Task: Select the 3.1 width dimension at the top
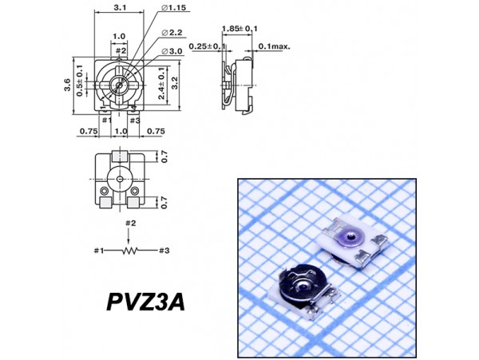click(120, 7)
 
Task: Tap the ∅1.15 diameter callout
click(174, 8)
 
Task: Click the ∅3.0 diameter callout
click(174, 51)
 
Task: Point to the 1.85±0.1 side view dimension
click(240, 28)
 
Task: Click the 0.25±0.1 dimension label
click(210, 47)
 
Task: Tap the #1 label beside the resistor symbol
click(98, 251)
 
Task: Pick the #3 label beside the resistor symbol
click(162, 251)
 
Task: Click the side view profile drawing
click(237, 84)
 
